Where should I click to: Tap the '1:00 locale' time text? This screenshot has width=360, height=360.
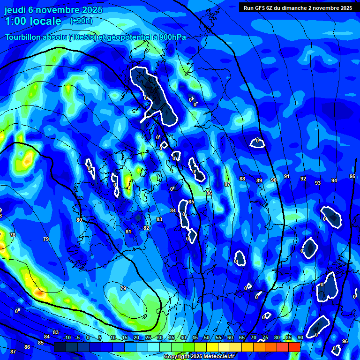coord(33,21)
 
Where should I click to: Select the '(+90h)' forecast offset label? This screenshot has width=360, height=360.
coord(81,21)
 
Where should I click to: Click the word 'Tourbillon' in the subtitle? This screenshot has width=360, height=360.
coord(26,37)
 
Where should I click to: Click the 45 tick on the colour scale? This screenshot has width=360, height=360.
coord(195,338)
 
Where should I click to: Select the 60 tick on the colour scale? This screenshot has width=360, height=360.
coord(230,338)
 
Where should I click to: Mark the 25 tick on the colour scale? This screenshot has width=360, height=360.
coord(148,338)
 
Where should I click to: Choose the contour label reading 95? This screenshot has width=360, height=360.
coord(352,176)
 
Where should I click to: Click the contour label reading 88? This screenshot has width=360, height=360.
coord(242,179)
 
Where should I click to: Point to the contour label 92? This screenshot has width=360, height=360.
coord(303,179)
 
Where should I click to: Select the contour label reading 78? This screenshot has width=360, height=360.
coord(13,235)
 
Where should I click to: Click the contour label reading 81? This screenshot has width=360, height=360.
coord(128,232)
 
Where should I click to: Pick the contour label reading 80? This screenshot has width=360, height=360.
coord(79,219)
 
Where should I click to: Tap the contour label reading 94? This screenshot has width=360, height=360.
coord(334,180)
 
